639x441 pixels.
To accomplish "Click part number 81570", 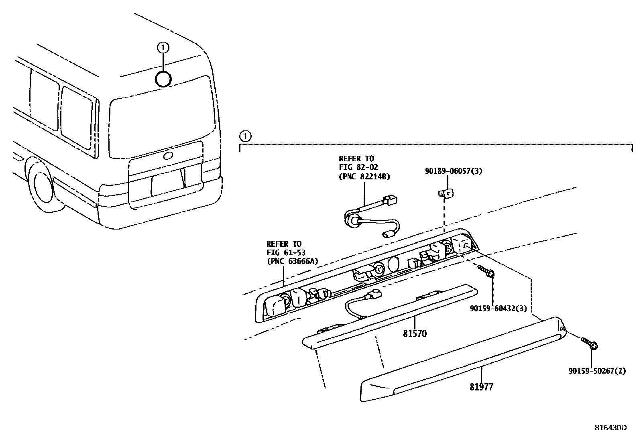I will point(415,333).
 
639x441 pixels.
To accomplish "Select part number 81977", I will point(481,387).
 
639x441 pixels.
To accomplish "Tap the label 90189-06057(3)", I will point(454,171).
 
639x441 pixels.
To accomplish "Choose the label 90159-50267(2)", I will point(597,371).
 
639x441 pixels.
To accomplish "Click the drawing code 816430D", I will point(611,428).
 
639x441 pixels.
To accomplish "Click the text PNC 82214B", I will point(364,176).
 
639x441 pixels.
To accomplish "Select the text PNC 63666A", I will point(292,261).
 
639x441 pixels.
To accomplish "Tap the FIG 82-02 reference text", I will point(358,167).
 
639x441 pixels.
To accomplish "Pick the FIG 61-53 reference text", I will point(286,252).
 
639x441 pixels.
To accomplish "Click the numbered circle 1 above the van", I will point(163,48).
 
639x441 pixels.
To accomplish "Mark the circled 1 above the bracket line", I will point(245,136).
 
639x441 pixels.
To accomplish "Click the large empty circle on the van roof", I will point(163,79).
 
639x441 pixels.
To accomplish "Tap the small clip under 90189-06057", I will point(446,193).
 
